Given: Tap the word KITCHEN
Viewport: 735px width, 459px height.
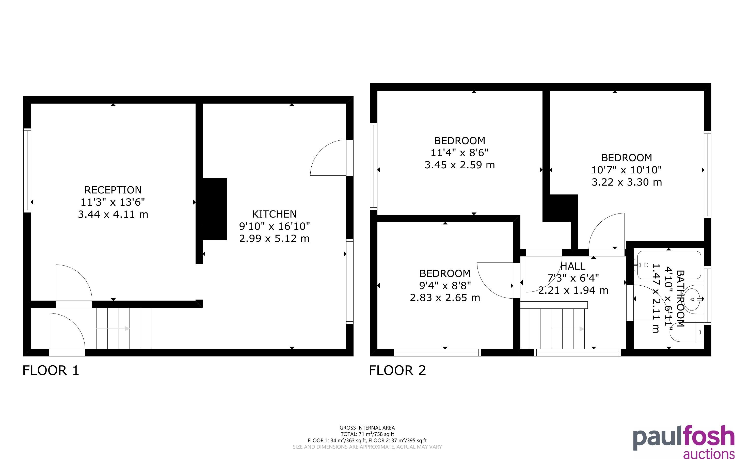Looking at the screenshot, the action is [274, 214].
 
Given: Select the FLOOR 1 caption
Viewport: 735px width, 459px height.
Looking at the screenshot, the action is [51, 370].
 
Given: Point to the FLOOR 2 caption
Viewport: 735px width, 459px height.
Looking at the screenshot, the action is [397, 370].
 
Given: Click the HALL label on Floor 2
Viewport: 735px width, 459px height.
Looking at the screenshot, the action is [573, 266].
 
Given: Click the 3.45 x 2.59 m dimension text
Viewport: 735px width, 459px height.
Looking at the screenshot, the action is [460, 165].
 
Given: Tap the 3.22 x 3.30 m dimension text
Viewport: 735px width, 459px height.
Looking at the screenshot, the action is [627, 182].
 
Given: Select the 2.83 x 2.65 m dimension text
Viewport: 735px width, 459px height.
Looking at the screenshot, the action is [445, 298].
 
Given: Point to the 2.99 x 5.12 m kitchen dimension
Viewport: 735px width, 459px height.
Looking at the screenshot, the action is [274, 238].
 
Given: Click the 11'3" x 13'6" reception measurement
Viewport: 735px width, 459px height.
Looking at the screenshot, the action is [113, 202].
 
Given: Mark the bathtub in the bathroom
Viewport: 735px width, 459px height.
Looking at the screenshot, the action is [669, 265].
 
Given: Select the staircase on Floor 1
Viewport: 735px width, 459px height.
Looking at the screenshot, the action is [124, 329].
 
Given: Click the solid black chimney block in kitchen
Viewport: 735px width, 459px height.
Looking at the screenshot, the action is [215, 209].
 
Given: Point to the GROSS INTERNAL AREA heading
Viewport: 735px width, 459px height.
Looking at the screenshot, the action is [367, 428].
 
